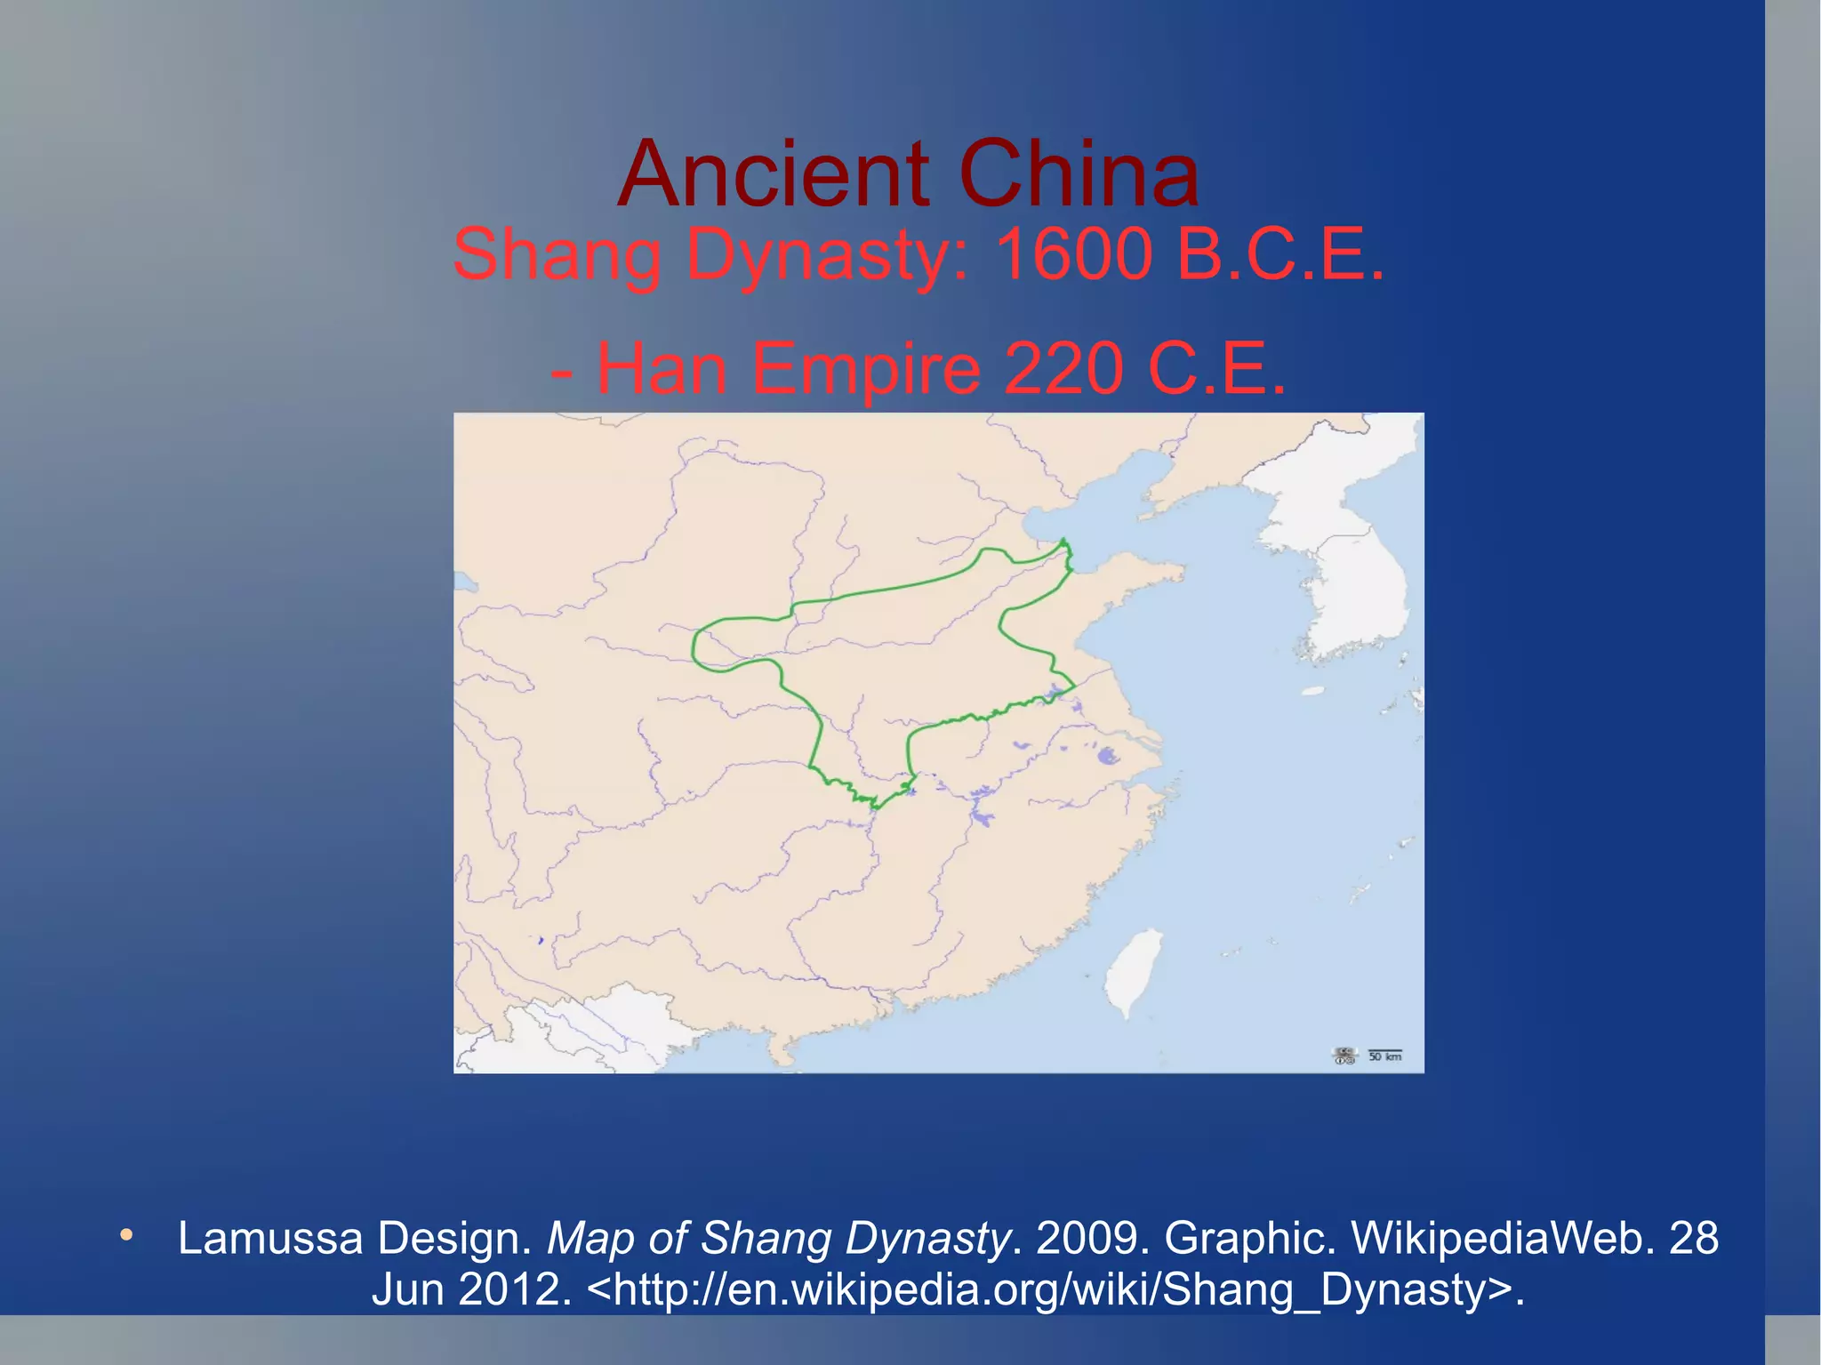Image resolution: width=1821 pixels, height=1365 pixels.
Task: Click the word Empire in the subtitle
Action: point(867,369)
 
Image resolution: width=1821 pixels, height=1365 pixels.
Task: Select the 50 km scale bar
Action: point(1384,1055)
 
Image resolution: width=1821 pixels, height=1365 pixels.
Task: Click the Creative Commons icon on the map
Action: point(1344,1056)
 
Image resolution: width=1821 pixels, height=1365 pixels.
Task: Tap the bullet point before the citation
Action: point(126,1235)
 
